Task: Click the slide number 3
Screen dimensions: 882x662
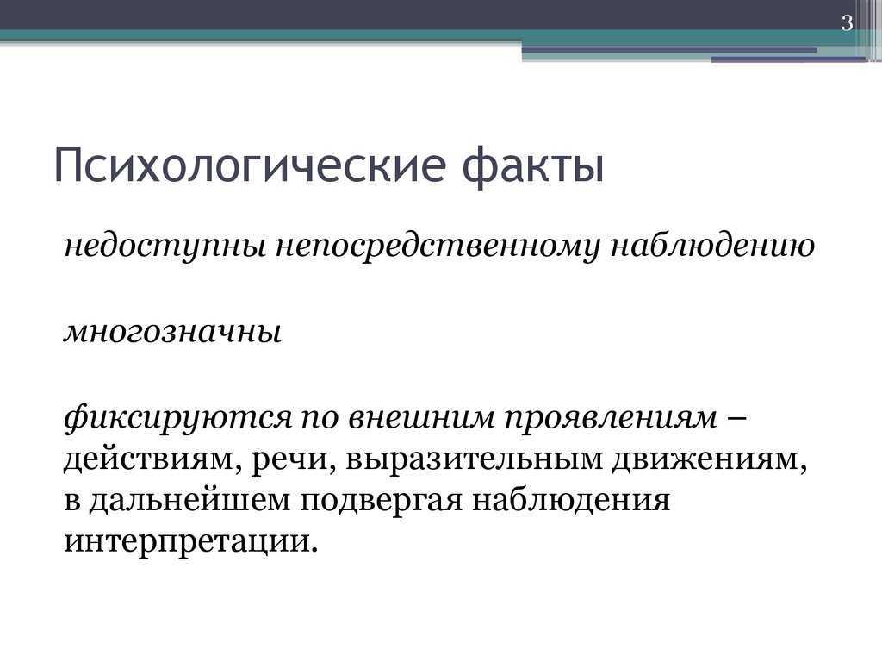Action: click(x=848, y=23)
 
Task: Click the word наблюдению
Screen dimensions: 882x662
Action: click(x=712, y=246)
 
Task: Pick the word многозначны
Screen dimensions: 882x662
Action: click(x=172, y=332)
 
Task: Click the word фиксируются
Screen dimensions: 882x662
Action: click(x=177, y=418)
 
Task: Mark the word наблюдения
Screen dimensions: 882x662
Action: click(x=571, y=501)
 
